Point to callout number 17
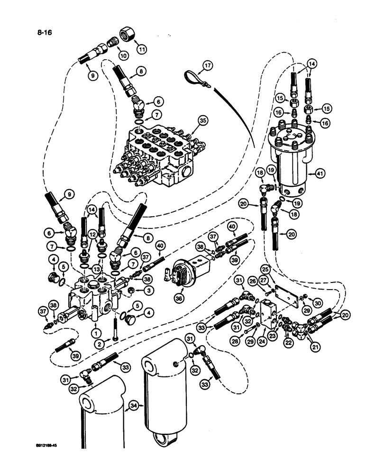point(207,66)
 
